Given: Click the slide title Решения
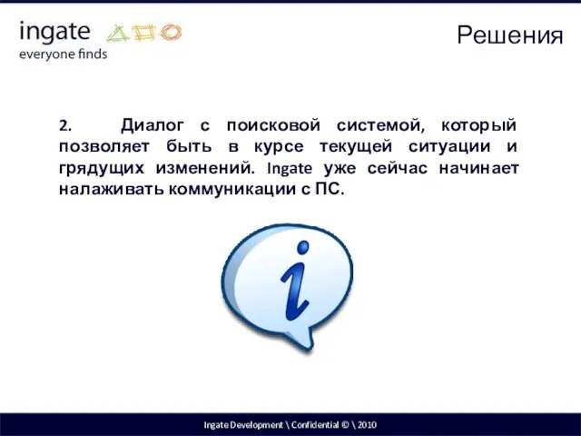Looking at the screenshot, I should coord(509,35).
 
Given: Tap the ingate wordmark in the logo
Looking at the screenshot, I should coord(54,33).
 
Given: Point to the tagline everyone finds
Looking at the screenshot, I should coord(63,54).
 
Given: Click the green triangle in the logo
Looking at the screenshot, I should coord(119,34).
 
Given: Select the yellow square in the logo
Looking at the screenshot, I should coord(144,34).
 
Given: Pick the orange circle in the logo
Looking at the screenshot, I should coord(170,34).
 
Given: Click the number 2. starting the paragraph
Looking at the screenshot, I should coord(64,124).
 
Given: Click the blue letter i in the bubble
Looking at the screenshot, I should coord(297,282).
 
